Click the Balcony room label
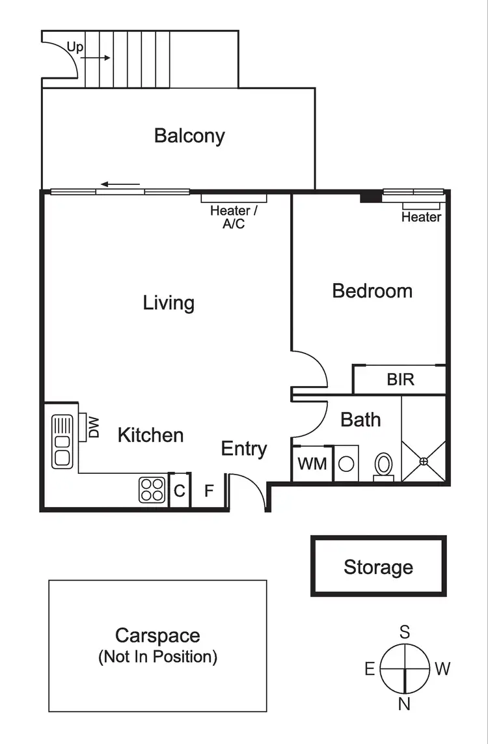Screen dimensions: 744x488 [189, 135]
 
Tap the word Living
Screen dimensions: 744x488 [169, 303]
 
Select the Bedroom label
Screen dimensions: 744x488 [372, 290]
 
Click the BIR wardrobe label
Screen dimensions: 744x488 [400, 379]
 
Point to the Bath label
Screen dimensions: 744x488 [360, 420]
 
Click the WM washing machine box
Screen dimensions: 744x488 [312, 464]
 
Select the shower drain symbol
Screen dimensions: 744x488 [424, 462]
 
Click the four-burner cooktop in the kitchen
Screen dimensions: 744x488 [152, 489]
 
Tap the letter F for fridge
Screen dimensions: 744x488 [209, 491]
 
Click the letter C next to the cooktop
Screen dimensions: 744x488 [180, 491]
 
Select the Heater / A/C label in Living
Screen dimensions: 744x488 [234, 217]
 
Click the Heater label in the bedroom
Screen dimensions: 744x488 [421, 217]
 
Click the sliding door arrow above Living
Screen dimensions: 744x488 [120, 184]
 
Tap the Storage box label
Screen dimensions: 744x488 [378, 567]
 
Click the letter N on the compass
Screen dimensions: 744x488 [405, 703]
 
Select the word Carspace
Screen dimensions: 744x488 [157, 635]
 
